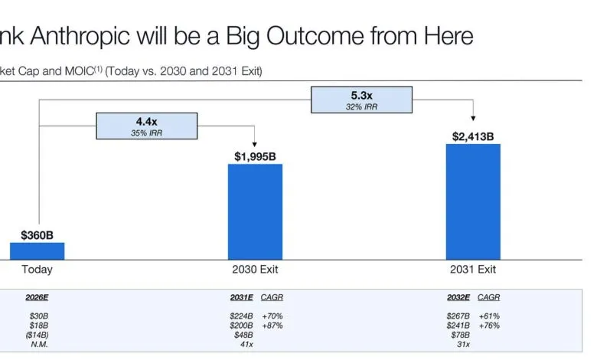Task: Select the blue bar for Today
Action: [37, 251]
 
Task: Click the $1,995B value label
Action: [255, 156]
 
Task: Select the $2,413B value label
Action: [473, 136]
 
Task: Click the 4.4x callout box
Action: [146, 126]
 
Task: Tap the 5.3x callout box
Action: [361, 100]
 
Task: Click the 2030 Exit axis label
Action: [255, 270]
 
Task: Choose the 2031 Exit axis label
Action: [473, 270]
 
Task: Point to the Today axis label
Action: [37, 270]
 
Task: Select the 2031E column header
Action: [240, 297]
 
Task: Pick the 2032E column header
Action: [458, 297]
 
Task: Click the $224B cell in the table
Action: [240, 316]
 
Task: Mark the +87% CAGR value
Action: [272, 326]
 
